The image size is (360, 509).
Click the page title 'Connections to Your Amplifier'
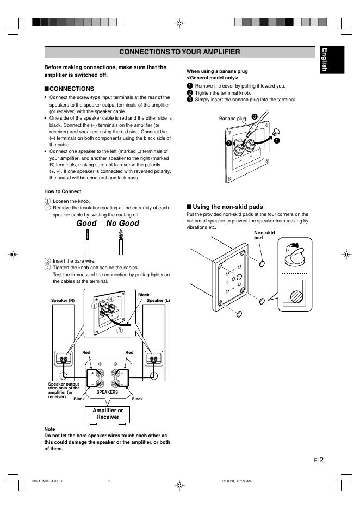point(179,52)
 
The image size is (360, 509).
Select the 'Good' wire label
point(86,223)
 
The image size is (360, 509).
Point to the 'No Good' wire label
point(122,223)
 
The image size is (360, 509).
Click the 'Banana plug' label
point(232,118)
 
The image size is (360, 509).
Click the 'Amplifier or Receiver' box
point(108,413)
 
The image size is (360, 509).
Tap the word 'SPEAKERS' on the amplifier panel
point(107,392)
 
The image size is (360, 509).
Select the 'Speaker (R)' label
point(63,300)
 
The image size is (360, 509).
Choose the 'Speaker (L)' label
point(158,300)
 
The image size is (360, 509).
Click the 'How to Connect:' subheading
point(64,191)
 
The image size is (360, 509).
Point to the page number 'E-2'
point(319,460)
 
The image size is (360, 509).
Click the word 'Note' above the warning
point(49,429)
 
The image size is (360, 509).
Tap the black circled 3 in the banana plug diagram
point(255,116)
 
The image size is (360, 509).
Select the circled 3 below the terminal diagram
point(119,330)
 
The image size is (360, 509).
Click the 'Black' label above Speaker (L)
point(144,295)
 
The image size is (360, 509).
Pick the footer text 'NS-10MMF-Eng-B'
point(47,481)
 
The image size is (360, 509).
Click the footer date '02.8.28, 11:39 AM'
point(237,481)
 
